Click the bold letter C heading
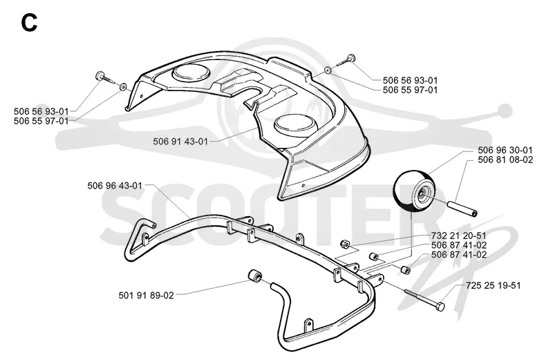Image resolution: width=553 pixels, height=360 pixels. (x=29, y=23)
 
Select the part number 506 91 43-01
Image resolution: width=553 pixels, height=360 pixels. (x=180, y=142)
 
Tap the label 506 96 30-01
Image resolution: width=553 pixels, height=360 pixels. (x=505, y=150)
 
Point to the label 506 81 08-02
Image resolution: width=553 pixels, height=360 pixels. (x=505, y=160)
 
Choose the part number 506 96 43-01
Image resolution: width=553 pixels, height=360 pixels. (x=115, y=185)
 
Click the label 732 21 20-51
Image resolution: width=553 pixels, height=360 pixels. (x=458, y=236)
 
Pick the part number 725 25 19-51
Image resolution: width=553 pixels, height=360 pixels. (x=493, y=285)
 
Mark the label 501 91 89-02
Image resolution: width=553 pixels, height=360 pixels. (x=147, y=295)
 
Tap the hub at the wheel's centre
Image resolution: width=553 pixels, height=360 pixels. (x=422, y=192)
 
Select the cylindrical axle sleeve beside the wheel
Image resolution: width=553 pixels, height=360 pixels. (x=462, y=209)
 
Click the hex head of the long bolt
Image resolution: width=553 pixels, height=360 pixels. (x=440, y=306)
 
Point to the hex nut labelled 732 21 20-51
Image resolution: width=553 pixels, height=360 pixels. (x=344, y=243)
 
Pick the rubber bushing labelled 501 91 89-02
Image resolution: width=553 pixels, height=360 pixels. (x=254, y=276)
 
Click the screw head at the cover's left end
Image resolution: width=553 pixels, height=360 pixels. (x=98, y=75)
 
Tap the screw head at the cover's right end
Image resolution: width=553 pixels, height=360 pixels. (x=351, y=59)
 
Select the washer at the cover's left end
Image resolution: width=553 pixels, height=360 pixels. (x=123, y=86)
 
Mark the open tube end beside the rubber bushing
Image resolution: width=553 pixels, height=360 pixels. (x=274, y=285)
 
